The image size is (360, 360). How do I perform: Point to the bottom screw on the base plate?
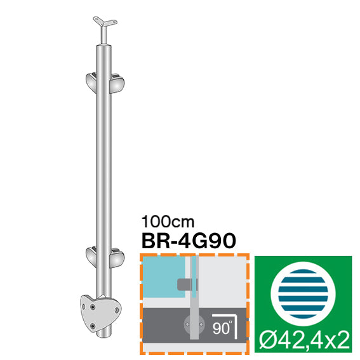pos(94,326)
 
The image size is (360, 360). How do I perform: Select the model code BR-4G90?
pos(187,241)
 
